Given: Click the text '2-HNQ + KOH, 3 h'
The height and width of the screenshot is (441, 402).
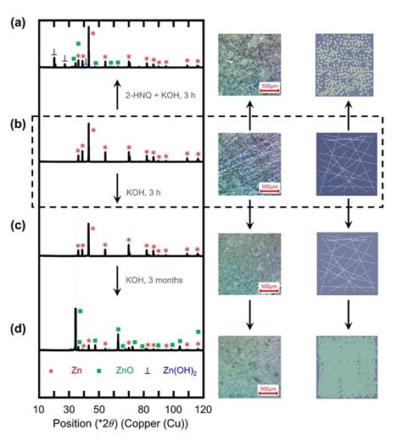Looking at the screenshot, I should (x=160, y=92).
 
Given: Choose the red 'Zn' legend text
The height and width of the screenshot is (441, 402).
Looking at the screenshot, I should (x=77, y=371).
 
